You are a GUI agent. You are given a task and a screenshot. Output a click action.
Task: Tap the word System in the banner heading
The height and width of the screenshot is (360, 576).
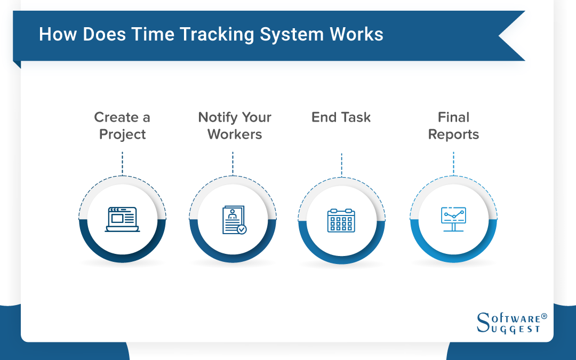[x=289, y=35]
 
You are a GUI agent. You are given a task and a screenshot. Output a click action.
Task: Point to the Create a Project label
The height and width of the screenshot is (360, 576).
[x=122, y=126]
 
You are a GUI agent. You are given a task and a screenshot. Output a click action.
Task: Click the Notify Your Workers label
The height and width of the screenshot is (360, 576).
[x=235, y=126]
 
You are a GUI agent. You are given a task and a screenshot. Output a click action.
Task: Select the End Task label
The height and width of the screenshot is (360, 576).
[x=341, y=117]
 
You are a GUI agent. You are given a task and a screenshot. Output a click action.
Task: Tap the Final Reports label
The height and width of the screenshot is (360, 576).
[x=453, y=126]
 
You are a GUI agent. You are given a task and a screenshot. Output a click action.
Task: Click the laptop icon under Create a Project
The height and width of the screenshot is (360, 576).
[x=122, y=219]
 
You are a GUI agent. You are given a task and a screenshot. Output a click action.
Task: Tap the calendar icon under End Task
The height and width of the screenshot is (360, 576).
[x=341, y=220]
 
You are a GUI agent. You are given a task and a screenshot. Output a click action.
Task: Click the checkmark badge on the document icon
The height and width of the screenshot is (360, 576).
[x=242, y=229]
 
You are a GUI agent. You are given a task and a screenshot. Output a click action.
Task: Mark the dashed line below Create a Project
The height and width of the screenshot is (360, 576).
[x=122, y=163]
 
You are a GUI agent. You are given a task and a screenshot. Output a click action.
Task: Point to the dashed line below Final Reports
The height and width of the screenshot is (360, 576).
[x=453, y=163]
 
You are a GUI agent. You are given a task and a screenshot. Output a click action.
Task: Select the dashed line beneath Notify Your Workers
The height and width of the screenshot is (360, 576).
[x=233, y=163]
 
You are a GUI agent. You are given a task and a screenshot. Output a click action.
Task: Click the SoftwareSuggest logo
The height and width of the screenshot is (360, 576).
[x=511, y=322]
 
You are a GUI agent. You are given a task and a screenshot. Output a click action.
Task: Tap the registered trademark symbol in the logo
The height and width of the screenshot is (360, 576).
[x=544, y=316]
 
